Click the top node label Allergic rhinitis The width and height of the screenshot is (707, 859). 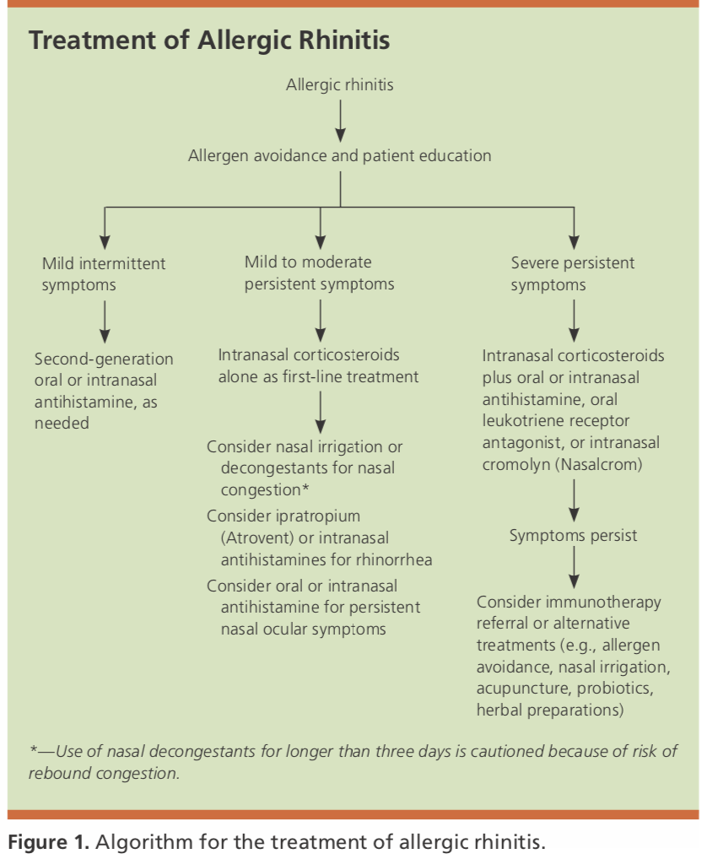(339, 85)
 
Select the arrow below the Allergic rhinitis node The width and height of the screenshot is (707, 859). (340, 121)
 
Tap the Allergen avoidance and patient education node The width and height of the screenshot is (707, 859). (339, 155)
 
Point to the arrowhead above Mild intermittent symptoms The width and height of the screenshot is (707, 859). (105, 243)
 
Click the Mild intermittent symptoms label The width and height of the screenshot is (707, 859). (104, 274)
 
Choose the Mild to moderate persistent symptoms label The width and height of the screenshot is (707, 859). (319, 273)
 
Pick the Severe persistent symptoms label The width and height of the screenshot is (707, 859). (572, 273)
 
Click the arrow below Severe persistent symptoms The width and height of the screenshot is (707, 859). (574, 321)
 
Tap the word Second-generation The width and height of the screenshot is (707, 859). (104, 359)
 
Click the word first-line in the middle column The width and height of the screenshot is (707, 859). (313, 377)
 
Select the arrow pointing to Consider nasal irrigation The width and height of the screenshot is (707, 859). (321, 412)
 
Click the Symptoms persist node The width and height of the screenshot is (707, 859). (574, 536)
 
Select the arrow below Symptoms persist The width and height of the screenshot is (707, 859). (574, 568)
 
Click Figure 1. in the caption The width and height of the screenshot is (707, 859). (49, 841)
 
